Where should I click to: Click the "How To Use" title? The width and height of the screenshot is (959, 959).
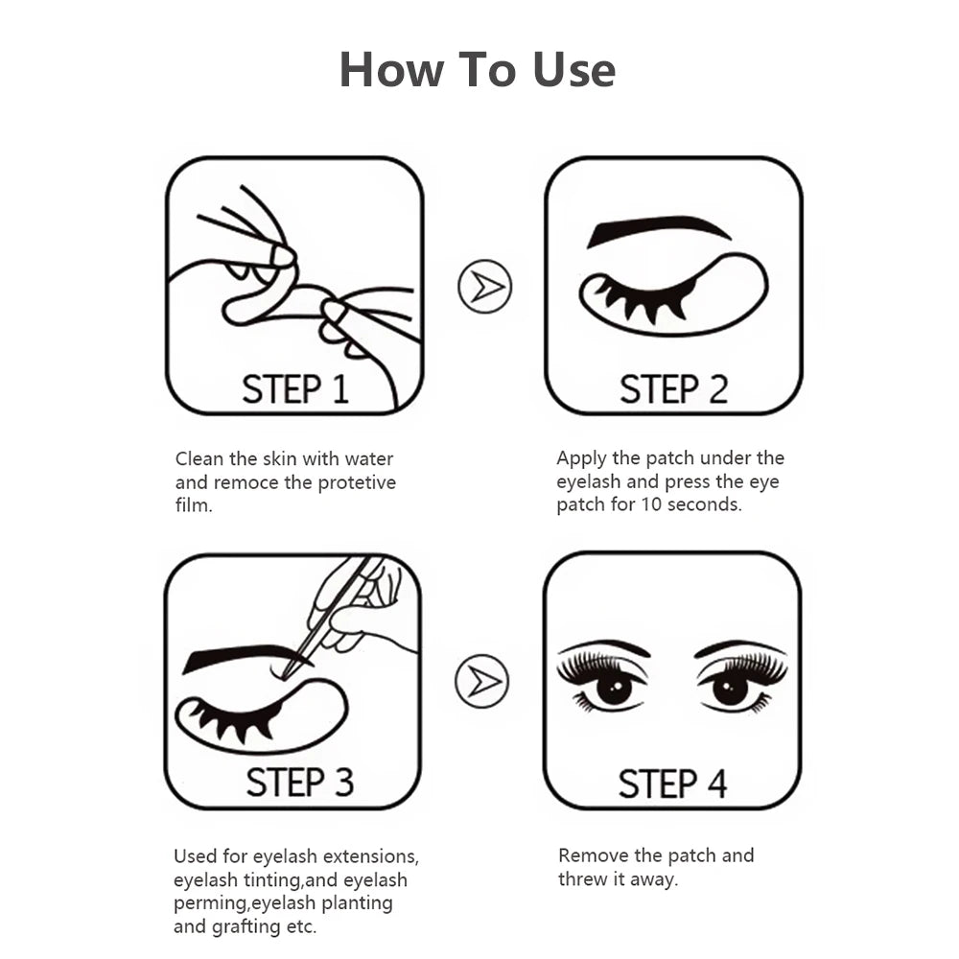[477, 70]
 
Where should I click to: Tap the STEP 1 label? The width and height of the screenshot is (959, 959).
[294, 389]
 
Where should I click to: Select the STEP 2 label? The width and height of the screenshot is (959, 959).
[673, 389]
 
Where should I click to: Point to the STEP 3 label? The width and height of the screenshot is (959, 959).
[299, 783]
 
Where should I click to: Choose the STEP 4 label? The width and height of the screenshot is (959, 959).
[672, 784]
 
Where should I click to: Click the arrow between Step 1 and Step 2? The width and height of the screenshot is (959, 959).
[484, 286]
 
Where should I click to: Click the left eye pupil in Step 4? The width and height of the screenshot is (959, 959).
[614, 687]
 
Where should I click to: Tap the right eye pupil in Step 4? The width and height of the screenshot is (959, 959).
[731, 688]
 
